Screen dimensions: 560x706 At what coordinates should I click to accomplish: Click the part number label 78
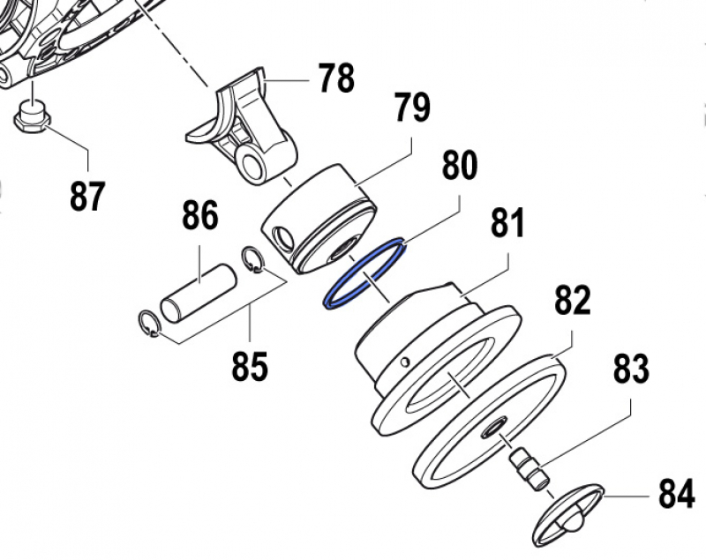(336, 78)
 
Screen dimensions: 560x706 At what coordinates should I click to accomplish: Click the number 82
(572, 302)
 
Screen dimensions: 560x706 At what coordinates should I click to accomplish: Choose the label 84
(676, 496)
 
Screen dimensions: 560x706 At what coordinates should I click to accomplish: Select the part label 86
(199, 216)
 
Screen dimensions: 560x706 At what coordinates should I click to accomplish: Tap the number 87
(87, 195)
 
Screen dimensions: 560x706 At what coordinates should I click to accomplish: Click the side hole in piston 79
(282, 237)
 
